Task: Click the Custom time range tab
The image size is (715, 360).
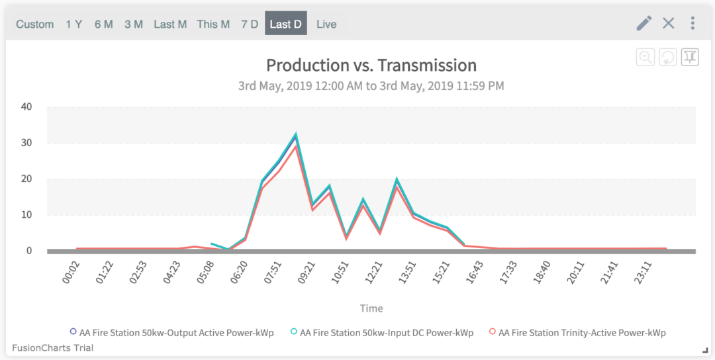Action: click(x=35, y=24)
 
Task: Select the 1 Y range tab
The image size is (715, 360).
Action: click(x=73, y=24)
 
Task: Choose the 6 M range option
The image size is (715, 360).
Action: click(x=103, y=24)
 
